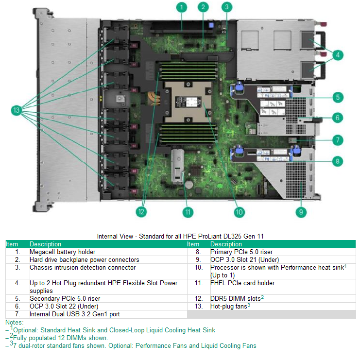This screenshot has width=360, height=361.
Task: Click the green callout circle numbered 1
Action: pyautogui.click(x=181, y=7)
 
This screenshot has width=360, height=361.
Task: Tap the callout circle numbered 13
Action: pyautogui.click(x=17, y=111)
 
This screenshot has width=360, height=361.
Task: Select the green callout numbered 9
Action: pyautogui.click(x=301, y=211)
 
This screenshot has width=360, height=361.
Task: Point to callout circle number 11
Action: pyautogui.click(x=188, y=212)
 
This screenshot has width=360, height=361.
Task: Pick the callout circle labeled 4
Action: pyautogui.click(x=339, y=54)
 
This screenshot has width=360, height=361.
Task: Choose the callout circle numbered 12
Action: pyautogui.click(x=141, y=212)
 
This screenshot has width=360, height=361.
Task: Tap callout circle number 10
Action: pyautogui.click(x=239, y=212)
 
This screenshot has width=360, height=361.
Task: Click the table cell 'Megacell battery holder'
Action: pyautogui.click(x=62, y=252)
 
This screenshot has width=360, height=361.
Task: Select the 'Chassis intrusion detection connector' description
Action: pyautogui.click(x=82, y=268)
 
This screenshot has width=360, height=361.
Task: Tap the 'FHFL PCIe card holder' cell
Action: pyautogui.click(x=242, y=283)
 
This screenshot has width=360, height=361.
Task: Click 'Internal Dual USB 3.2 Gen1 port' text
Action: pyautogui.click(x=74, y=314)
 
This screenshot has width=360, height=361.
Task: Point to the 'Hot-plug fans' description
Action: pyautogui.click(x=228, y=307)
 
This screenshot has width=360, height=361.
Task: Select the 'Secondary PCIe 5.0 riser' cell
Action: pyautogui.click(x=65, y=299)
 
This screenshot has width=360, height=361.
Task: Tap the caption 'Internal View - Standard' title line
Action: pyautogui.click(x=180, y=236)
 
